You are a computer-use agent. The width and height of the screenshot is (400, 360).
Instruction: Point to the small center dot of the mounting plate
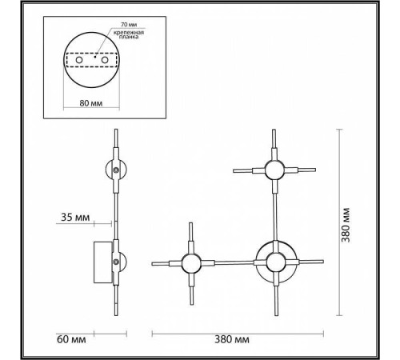(95, 58)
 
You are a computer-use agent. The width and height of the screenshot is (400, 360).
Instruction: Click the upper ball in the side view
(117, 170)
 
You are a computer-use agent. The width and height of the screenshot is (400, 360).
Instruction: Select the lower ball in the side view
(117, 262)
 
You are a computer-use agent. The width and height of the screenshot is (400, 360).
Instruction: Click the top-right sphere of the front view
(274, 170)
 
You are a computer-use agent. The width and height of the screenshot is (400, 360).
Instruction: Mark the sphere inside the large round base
(274, 262)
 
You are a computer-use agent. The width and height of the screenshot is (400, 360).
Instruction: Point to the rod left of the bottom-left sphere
(166, 262)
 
